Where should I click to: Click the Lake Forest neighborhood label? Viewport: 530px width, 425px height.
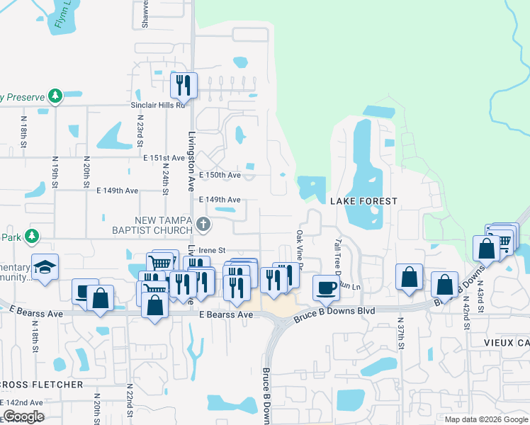[x=363, y=202]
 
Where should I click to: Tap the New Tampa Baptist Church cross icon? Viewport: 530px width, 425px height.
[x=203, y=225]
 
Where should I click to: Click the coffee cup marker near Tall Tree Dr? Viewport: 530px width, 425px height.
[x=326, y=287]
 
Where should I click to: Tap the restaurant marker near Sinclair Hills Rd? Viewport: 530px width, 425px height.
[x=184, y=85]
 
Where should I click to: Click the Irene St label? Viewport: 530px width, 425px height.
[x=212, y=250]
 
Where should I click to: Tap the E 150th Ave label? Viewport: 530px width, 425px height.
[x=220, y=174]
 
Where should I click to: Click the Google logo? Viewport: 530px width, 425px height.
[x=23, y=416]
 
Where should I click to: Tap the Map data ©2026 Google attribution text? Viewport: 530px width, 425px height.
[x=486, y=419]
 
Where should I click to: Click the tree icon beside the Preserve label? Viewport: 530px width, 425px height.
[x=55, y=96]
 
